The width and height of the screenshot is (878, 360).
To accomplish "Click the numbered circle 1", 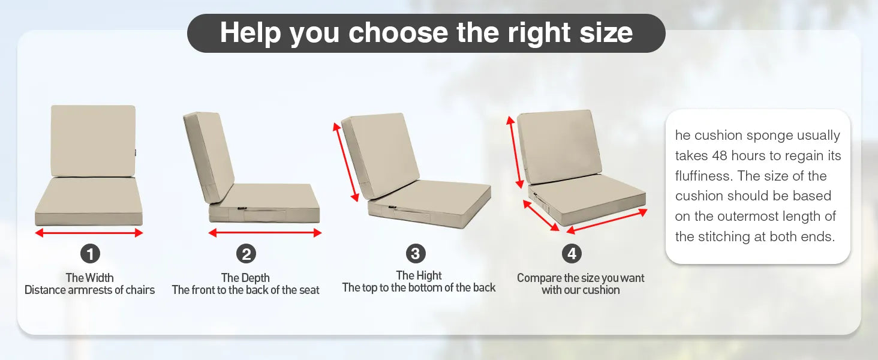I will tap(90, 254).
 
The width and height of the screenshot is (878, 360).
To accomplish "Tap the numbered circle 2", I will tap(246, 254).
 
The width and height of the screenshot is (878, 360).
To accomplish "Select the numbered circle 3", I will tap(416, 253).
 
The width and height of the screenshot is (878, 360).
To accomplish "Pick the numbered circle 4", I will tap(572, 254).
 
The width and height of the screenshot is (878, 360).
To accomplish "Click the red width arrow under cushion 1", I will tap(89, 233).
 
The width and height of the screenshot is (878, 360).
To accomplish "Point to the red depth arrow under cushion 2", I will tap(264, 233).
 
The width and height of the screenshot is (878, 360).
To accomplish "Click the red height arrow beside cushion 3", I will tap(346, 161).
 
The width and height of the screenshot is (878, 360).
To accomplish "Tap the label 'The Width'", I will tap(89, 278).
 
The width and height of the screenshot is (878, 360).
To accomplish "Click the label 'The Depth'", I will tap(245, 278).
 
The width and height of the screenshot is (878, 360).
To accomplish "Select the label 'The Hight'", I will tap(419, 275).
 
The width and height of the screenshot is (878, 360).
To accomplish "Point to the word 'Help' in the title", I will tap(251, 32).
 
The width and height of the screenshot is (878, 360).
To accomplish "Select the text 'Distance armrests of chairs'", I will tap(89, 290).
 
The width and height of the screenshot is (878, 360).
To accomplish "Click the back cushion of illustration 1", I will tap(93, 140).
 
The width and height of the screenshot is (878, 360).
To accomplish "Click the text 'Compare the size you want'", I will tap(581, 278).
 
